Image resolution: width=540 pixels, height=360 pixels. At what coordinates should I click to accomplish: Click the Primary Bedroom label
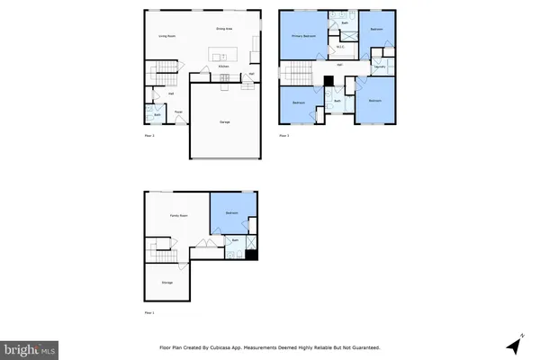pos(301,36)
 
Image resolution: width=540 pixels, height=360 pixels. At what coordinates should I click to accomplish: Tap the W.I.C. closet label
pos(342,47)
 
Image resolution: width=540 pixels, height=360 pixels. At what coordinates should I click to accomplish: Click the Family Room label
pos(178,216)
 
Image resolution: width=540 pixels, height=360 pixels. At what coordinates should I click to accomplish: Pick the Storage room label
pos(167,283)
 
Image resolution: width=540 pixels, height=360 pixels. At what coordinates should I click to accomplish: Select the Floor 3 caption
pos(283,136)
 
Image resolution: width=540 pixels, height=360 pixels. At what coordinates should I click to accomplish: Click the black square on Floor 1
pos(252,255)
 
